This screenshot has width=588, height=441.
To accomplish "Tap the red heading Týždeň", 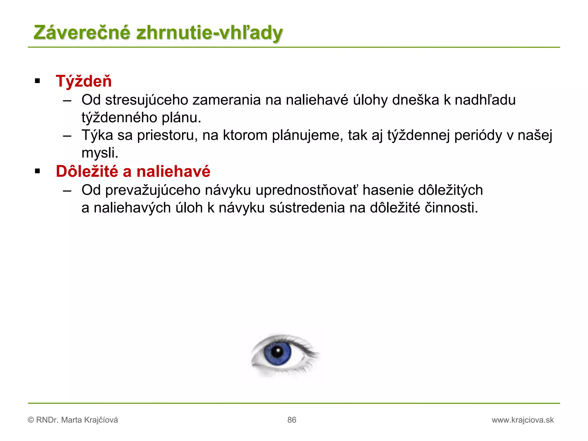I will pos(84,81).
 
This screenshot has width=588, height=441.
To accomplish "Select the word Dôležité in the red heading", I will pos(87,171).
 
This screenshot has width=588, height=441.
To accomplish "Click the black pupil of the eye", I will pos(277,351).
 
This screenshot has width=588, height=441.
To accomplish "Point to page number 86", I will pos(292,420).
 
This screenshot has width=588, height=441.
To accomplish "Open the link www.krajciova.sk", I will pos(523,420).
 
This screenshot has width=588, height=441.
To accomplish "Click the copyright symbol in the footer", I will pos(31,420).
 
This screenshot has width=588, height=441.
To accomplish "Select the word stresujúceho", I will pos(146,100).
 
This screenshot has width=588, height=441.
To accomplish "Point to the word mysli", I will pos(100,153).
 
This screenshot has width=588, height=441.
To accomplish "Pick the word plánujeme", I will pos(307,135).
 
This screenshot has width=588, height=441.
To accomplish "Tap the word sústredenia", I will pos(307,208).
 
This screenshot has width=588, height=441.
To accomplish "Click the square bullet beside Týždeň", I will pos(37,81).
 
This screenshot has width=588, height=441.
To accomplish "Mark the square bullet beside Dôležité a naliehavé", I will pos(37,171).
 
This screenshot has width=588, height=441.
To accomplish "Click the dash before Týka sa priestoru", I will pos(67,136).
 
